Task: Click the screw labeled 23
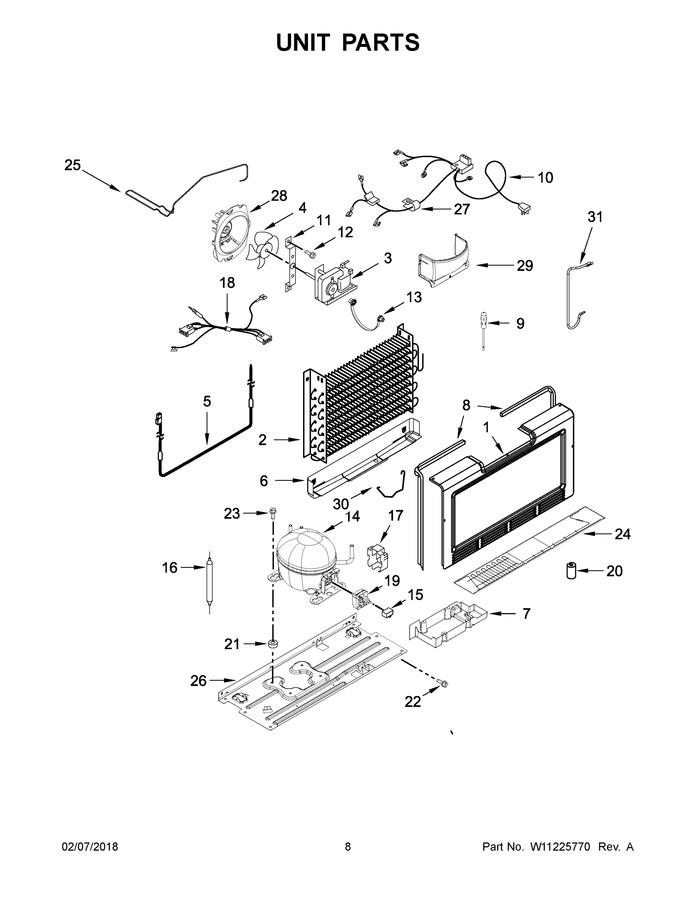pos(272,512)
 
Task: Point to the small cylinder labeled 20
pos(571,571)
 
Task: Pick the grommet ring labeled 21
pos(272,643)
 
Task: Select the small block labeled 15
pos(387,613)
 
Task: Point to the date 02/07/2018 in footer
pos(90,847)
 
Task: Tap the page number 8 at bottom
pos(348,847)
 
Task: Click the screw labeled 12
pos(309,252)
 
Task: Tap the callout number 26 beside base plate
pos(198,681)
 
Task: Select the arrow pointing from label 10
pos(521,177)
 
